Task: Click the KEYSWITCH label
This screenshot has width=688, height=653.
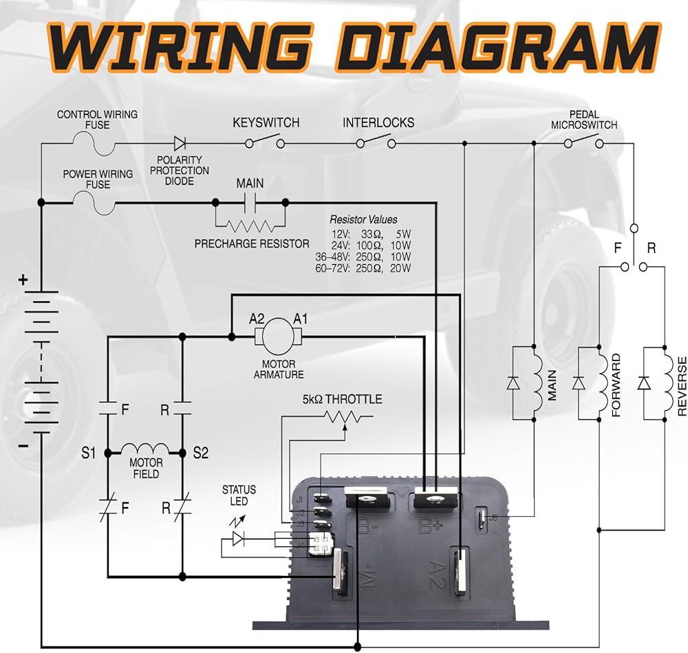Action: point(266,123)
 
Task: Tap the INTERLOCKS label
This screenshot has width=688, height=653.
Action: point(378,123)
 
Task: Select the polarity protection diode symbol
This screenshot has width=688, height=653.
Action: point(180,143)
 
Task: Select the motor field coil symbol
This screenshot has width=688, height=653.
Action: point(145,449)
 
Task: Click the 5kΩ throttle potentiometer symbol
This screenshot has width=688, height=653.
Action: point(343,417)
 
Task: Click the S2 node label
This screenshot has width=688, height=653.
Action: point(201,453)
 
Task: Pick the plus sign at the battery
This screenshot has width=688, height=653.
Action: point(23,279)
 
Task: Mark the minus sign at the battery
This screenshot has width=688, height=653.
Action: point(23,445)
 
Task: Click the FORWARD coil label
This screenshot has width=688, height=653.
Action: point(616,386)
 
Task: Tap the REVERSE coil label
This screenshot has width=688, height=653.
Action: point(682,386)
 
